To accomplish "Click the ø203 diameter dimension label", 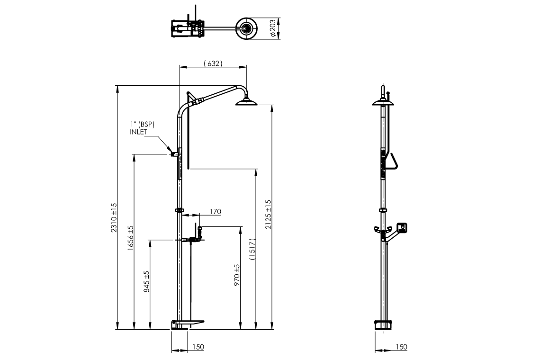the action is [272, 28].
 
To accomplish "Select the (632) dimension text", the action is [213, 63].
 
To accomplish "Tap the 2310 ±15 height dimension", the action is [114, 217].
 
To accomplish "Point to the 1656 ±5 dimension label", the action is [131, 238].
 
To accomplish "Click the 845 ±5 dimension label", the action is [147, 282].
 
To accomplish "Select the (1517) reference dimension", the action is [252, 249].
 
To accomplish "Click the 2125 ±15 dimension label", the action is [268, 214].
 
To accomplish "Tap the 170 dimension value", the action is [215, 212].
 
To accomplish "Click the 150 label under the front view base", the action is [198, 347].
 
